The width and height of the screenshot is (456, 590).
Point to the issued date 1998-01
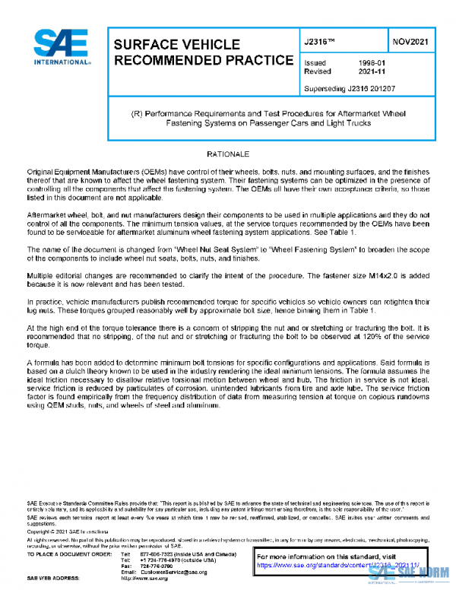tap(372, 63)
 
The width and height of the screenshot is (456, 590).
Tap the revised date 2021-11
tap(372, 71)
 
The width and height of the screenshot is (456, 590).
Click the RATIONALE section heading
tap(227, 154)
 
